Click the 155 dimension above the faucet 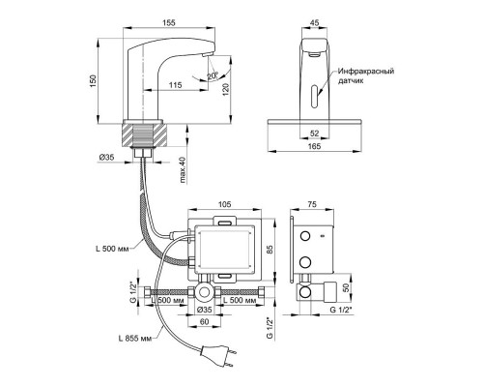(x=169, y=22)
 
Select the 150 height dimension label (x=93, y=81)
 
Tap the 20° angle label (x=213, y=75)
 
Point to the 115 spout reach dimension (x=176, y=85)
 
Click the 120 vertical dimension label (x=226, y=89)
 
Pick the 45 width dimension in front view (x=314, y=22)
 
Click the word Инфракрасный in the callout (x=366, y=72)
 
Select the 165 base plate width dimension (x=314, y=146)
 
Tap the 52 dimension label (x=314, y=134)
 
